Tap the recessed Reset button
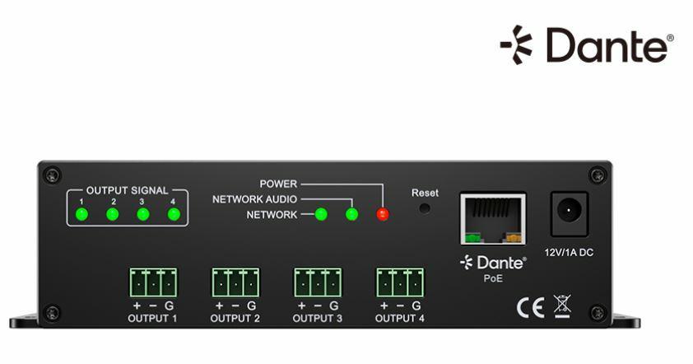[x=425, y=209]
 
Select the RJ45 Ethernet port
[x=493, y=219]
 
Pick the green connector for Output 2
[x=235, y=283]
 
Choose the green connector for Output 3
[x=318, y=283]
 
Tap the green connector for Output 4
[x=401, y=283]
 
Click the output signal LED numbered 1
[x=81, y=215]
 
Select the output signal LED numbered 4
[x=174, y=215]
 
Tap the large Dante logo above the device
[x=587, y=45]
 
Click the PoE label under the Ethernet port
[x=493, y=278]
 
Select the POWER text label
[x=278, y=184]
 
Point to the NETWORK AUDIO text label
[x=254, y=199]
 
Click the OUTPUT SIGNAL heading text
[x=127, y=190]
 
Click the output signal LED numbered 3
[x=143, y=215]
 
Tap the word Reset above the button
[x=425, y=192]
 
